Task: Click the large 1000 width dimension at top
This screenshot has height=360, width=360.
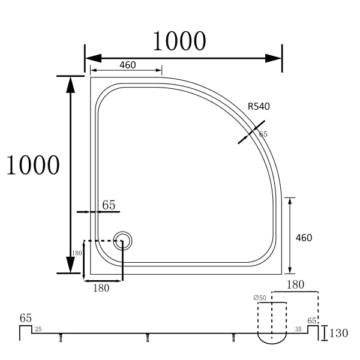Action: tap(179, 41)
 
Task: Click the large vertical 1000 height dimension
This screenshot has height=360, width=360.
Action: tap(33, 165)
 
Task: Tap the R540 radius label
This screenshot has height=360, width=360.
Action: tap(259, 106)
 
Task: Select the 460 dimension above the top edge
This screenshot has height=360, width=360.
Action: tap(128, 65)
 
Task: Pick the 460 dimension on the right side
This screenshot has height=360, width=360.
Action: tap(304, 238)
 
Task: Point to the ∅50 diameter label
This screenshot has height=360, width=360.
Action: tap(260, 298)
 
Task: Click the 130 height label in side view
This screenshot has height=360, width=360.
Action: tap(338, 333)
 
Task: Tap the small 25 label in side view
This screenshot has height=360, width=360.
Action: tap(38, 329)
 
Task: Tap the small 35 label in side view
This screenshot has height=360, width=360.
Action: tap(298, 329)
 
